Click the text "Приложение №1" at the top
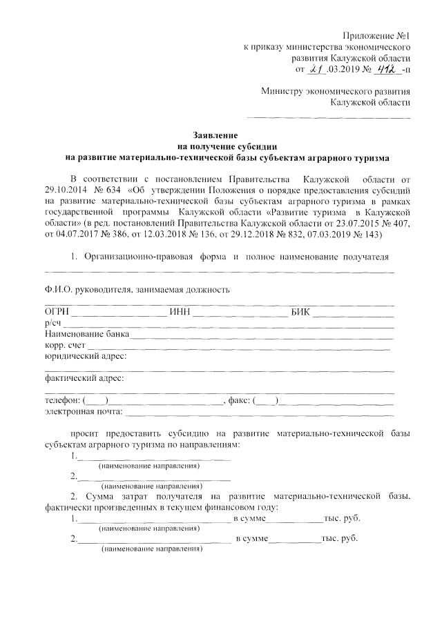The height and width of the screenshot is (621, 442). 377,35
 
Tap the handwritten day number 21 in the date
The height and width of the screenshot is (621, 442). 316,69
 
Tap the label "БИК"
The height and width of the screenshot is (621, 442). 302,312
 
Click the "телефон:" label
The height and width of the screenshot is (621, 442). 62,401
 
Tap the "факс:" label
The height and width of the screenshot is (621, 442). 239,401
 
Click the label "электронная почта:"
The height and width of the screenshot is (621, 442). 84,412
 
